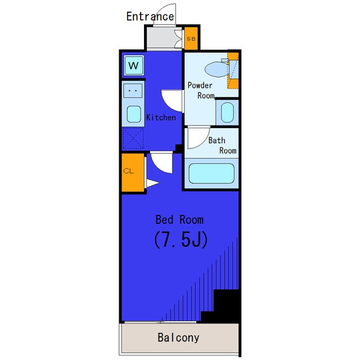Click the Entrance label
pyautogui.click(x=150, y=16)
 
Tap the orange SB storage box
pyautogui.click(x=191, y=38)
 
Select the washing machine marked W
pyautogui.click(x=134, y=65)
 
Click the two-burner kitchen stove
pyautogui.click(x=133, y=91)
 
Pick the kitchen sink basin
pyautogui.click(x=134, y=114)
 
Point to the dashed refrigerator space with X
pyautogui.click(x=133, y=138)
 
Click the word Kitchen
pyautogui.click(x=161, y=118)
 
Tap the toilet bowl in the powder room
pyautogui.click(x=217, y=69)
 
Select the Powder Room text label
pyautogui.click(x=201, y=90)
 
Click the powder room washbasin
pyautogui.click(x=227, y=112)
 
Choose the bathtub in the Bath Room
pyautogui.click(x=211, y=173)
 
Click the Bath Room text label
pyautogui.click(x=222, y=145)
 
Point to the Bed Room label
pyautogui.click(x=179, y=220)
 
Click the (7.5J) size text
pyautogui.click(x=181, y=240)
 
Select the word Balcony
pyautogui.click(x=178, y=337)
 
